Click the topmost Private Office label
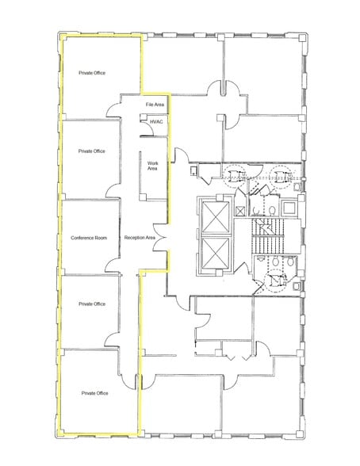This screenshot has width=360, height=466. click(92, 73)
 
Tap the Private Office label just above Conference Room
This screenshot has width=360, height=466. click(92, 151)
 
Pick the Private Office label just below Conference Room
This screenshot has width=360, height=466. click(92, 304)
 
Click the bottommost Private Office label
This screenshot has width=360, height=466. click(94, 392)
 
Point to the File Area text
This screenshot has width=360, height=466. click(155, 105)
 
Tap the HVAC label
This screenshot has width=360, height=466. click(155, 122)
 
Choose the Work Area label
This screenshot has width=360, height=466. click(153, 166)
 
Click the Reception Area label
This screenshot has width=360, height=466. click(140, 238)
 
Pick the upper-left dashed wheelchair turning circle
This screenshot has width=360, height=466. click(236, 175)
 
